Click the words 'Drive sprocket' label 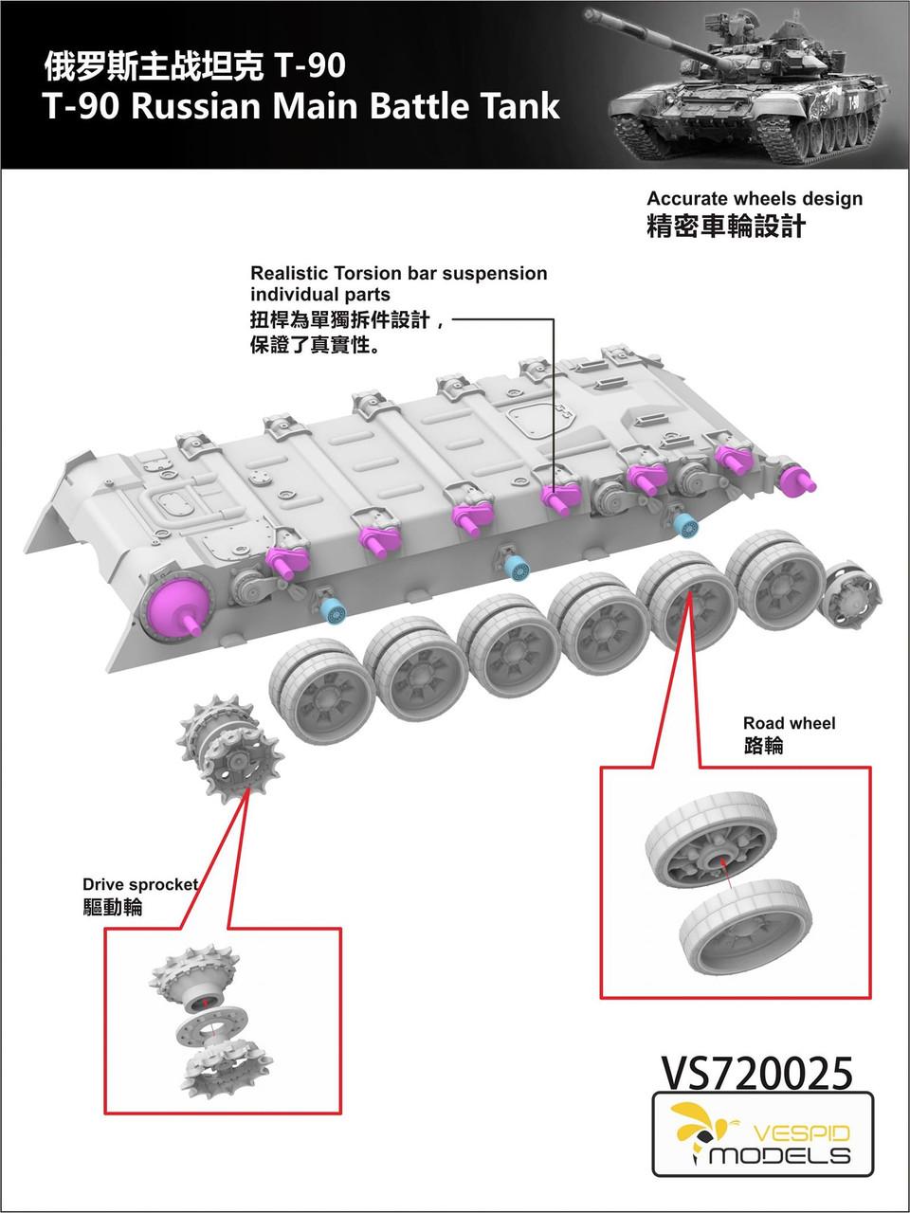click(x=140, y=884)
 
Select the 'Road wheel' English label click(x=789, y=723)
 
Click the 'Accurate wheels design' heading click(x=755, y=199)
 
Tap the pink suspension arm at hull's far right click(x=797, y=479)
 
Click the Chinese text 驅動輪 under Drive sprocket click(x=113, y=908)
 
